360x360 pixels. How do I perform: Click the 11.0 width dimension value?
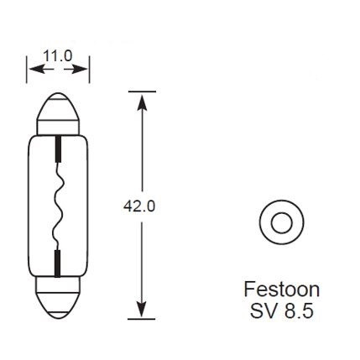pyautogui.click(x=58, y=57)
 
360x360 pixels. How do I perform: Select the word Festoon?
pyautogui.click(x=280, y=290)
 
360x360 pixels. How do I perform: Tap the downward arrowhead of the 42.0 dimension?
pyautogui.click(x=142, y=311)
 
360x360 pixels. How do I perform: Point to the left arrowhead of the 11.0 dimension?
pyautogui.click(x=32, y=70)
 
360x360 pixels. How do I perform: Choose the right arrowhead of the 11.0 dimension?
pyautogui.click(x=84, y=70)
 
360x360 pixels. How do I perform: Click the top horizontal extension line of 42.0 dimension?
pyautogui.click(x=142, y=90)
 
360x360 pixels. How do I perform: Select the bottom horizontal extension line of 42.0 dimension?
pyautogui.click(x=142, y=320)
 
